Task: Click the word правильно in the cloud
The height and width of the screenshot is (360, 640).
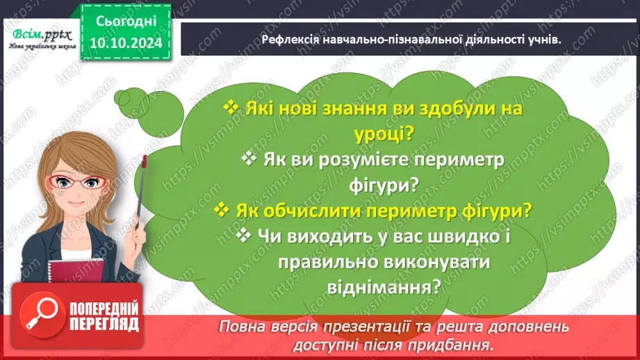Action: (x=326, y=261)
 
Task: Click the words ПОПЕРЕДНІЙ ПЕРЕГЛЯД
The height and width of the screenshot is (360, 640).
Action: (x=104, y=316)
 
